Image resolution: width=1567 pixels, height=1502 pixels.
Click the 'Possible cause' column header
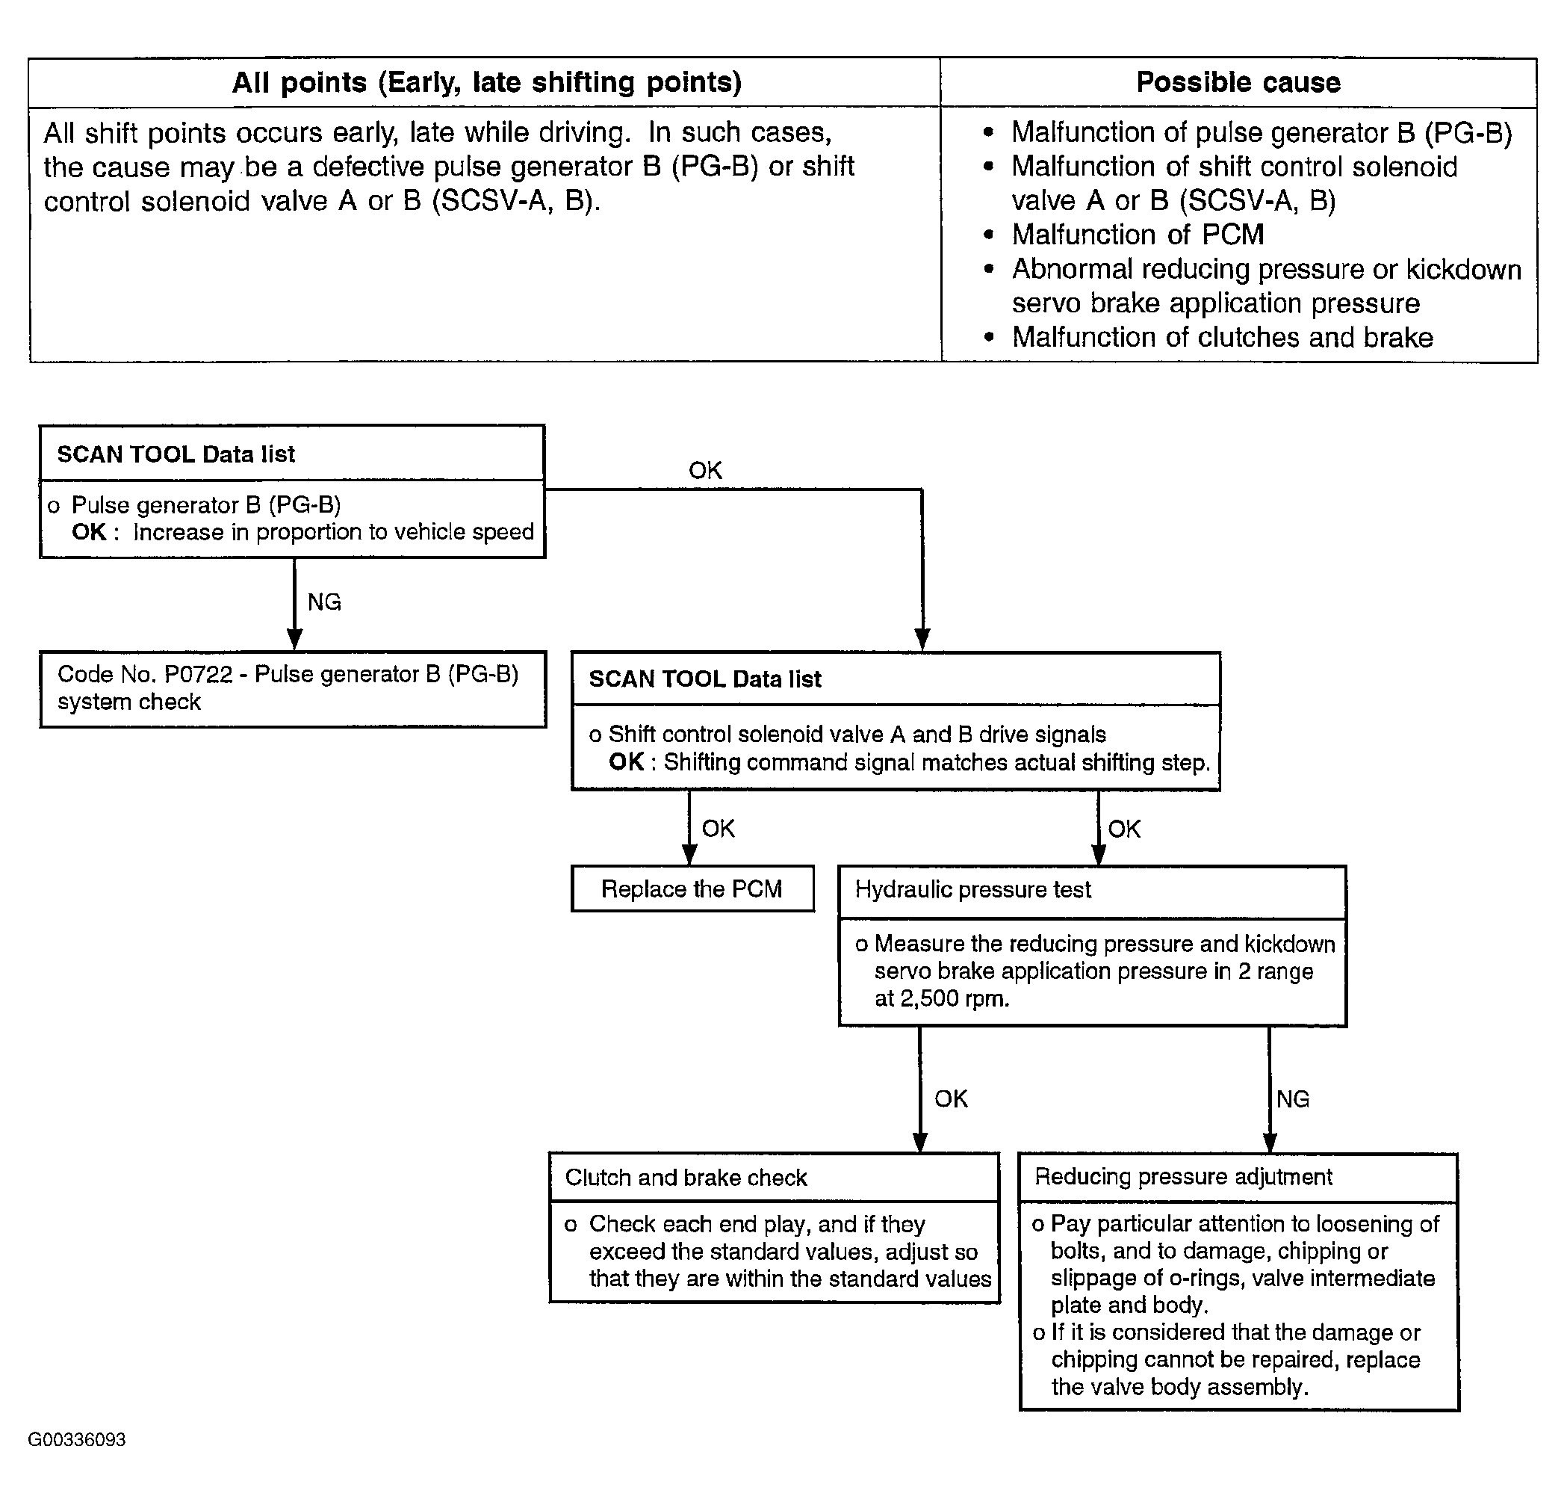(1238, 82)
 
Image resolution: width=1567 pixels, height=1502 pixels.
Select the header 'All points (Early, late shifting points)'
(487, 82)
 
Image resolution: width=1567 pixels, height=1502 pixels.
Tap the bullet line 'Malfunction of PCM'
(1138, 235)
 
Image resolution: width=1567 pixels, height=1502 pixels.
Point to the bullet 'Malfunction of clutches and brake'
(1223, 338)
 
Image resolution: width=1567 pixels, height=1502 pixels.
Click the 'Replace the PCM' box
(692, 888)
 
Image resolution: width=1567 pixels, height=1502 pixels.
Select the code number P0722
(198, 674)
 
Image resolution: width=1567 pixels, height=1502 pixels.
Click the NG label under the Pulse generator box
(325, 602)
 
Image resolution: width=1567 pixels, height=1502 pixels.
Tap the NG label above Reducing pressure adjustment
(1293, 1099)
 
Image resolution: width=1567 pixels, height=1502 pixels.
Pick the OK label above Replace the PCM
(718, 829)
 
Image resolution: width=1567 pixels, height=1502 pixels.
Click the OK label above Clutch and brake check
(952, 1099)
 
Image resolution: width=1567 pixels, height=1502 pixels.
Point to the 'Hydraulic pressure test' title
(973, 890)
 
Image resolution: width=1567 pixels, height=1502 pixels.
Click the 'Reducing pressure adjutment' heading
(1183, 1176)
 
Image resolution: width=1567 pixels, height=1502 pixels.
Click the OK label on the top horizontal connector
(705, 470)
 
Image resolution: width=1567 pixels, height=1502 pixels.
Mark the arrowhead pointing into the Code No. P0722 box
(294, 640)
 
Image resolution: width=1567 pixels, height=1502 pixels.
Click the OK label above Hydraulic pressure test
(1124, 829)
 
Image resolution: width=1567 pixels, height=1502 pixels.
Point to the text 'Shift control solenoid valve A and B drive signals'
(857, 735)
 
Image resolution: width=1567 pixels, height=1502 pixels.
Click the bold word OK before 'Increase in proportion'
(89, 532)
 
